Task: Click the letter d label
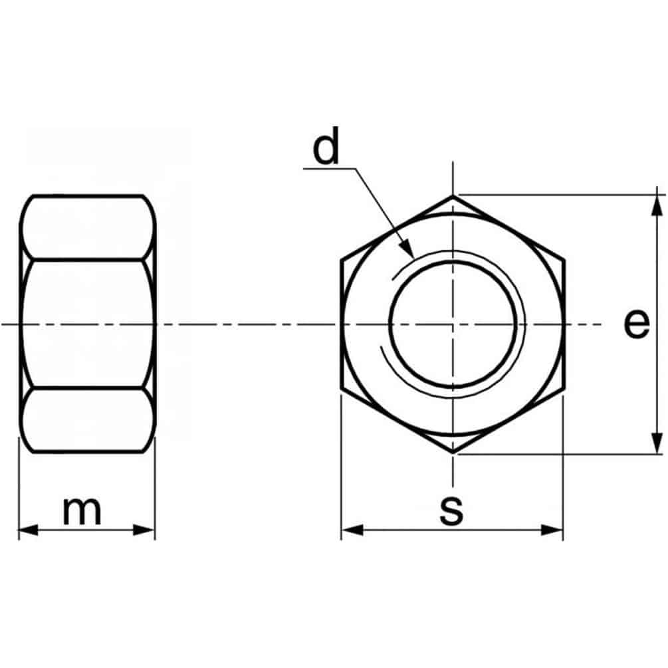click(326, 146)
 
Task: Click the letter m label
click(82, 510)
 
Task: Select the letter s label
click(451, 510)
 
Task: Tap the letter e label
click(637, 324)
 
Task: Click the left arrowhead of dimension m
click(28, 530)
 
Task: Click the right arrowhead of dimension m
click(144, 530)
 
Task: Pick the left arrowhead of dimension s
click(352, 530)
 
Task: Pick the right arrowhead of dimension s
click(552, 530)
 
